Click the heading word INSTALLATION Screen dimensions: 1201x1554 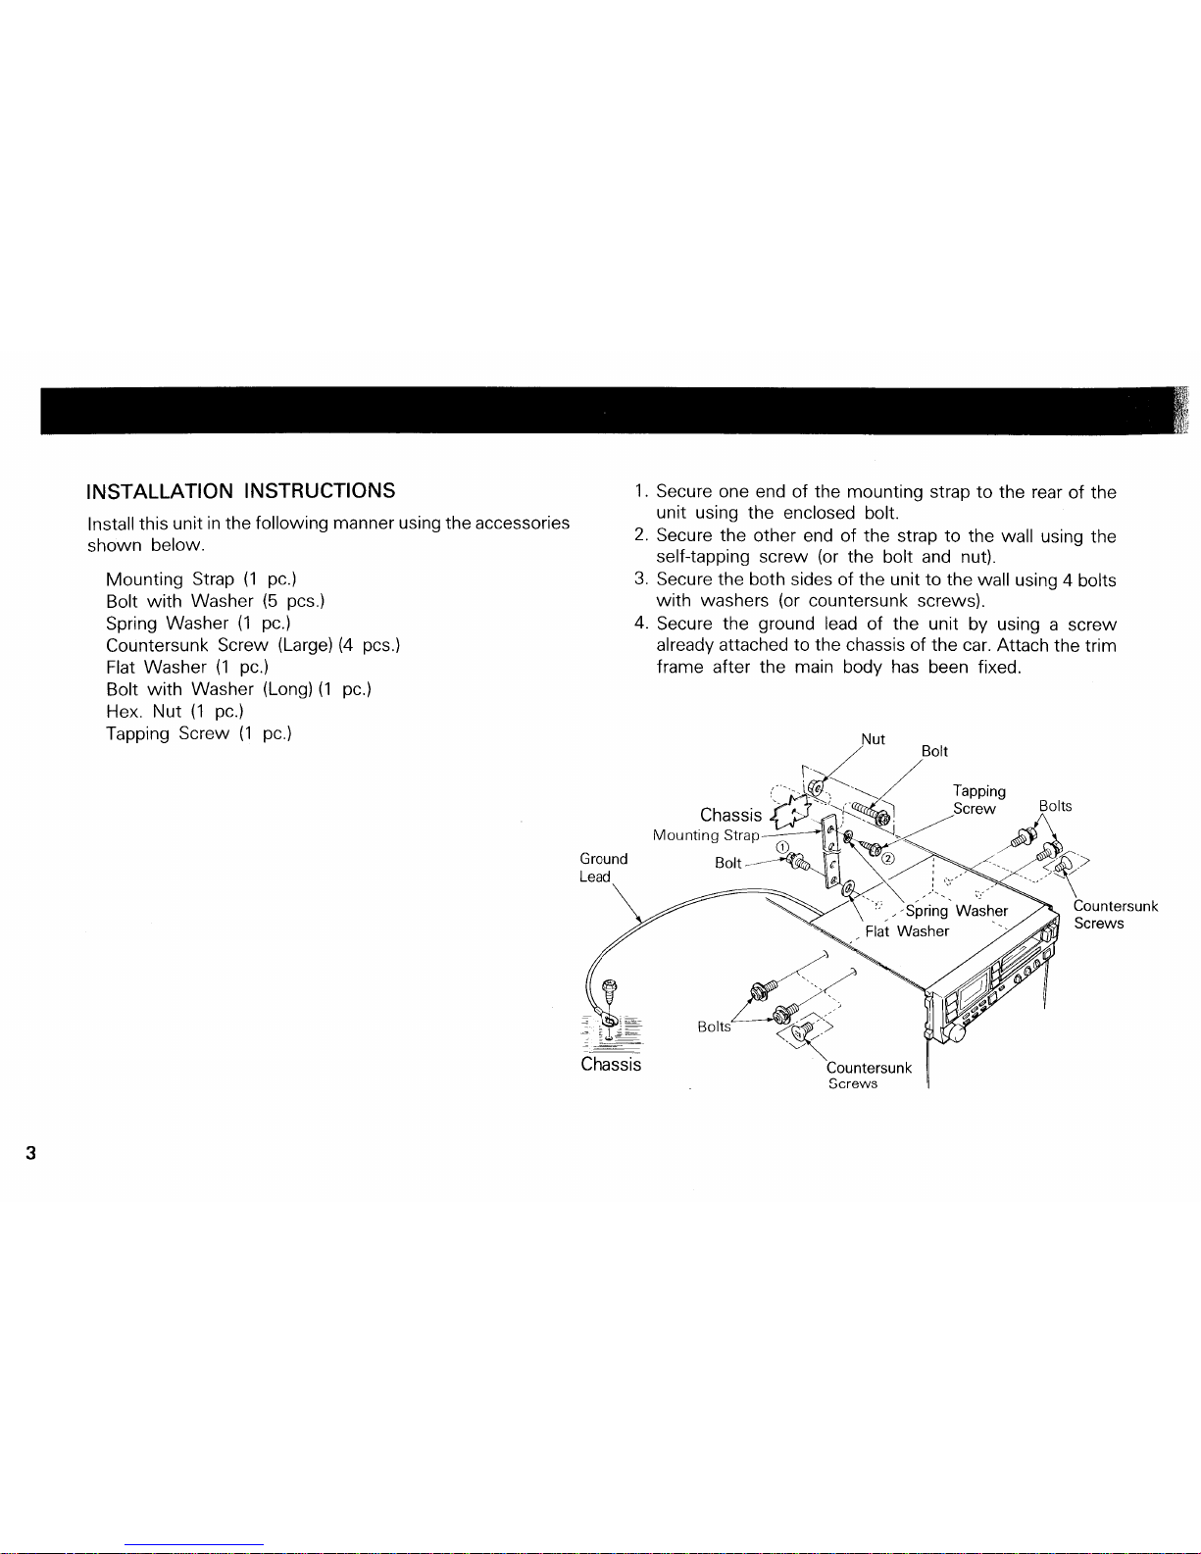[160, 490]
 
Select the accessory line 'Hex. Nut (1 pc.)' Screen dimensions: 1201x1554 [175, 712]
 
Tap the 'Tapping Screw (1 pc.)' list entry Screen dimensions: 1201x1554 [199, 733]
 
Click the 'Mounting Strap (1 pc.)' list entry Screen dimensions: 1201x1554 [201, 578]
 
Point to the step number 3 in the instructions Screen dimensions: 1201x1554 [640, 578]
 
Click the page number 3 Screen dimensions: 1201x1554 [30, 1153]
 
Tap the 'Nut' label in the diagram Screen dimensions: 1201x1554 [873, 738]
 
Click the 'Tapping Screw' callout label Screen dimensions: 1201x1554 [978, 799]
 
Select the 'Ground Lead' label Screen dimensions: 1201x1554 [603, 868]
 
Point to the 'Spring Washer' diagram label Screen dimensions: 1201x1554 [957, 911]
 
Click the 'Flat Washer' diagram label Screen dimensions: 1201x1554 [907, 931]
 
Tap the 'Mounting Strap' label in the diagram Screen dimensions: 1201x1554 [706, 835]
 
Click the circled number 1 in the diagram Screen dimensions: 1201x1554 [782, 847]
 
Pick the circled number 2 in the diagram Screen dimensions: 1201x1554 [887, 859]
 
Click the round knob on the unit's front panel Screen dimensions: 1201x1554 [953, 1032]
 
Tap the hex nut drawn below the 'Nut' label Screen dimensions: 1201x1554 [815, 788]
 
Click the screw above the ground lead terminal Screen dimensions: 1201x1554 [610, 991]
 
